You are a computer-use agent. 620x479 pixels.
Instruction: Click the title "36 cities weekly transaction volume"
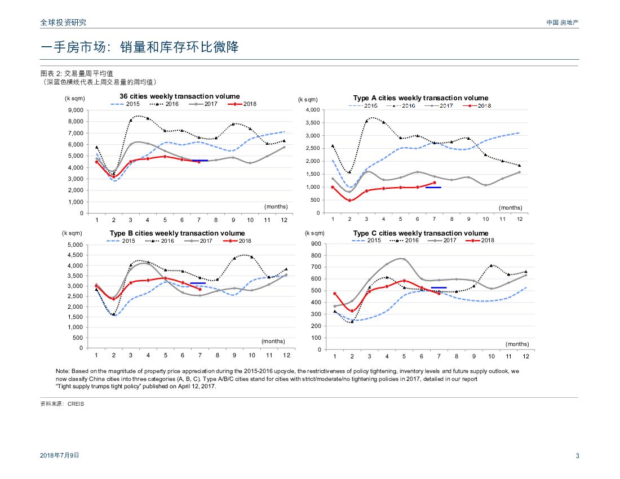[x=179, y=96]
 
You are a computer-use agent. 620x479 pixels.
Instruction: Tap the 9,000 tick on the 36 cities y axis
[x=76, y=110]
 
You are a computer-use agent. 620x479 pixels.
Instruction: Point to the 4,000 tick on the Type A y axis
[x=312, y=110]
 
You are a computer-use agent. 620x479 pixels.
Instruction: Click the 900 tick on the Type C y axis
[x=316, y=244]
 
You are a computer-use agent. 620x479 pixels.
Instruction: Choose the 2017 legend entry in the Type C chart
[x=442, y=241]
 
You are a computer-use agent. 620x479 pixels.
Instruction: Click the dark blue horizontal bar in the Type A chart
[x=433, y=187]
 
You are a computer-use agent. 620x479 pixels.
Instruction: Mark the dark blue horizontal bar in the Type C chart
[x=439, y=287]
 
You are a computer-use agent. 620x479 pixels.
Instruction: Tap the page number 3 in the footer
[x=577, y=456]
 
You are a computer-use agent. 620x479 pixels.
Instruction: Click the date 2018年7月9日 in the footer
[x=60, y=455]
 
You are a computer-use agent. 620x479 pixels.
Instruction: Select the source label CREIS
[x=76, y=404]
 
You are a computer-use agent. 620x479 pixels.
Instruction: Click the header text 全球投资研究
[x=63, y=23]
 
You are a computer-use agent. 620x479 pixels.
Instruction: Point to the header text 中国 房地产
[x=562, y=23]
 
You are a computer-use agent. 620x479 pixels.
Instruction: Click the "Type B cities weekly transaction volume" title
[x=177, y=233]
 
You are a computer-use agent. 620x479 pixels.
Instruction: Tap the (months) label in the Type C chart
[x=517, y=344]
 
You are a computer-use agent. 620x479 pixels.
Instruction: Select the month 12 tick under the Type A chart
[x=519, y=219]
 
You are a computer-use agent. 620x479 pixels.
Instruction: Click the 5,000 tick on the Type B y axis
[x=75, y=245]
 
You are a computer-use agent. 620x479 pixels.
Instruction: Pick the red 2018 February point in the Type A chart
[x=349, y=200]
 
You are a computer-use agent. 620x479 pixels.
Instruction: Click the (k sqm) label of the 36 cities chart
[x=74, y=98]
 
